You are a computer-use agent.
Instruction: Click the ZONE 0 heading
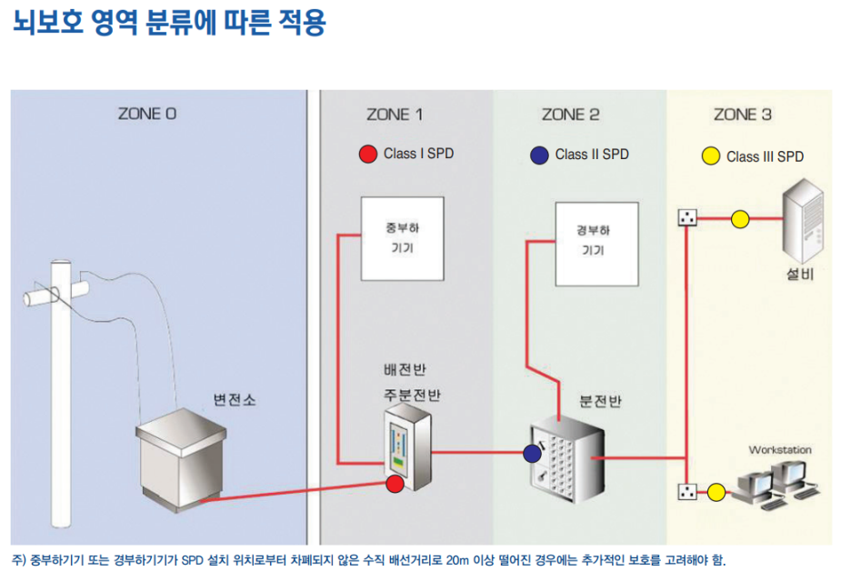click(x=147, y=115)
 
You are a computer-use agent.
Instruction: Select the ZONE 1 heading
click(x=395, y=115)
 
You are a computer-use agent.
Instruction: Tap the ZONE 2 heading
click(x=570, y=115)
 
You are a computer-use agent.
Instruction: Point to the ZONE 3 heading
click(x=743, y=115)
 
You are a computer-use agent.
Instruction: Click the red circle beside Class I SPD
click(x=368, y=154)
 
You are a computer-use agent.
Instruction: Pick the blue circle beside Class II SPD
click(x=539, y=155)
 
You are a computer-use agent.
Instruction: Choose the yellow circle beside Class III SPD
click(x=710, y=155)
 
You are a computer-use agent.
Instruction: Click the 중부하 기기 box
click(x=402, y=238)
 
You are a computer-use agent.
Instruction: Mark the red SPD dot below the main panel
click(x=395, y=484)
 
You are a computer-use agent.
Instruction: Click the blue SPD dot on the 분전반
click(x=532, y=452)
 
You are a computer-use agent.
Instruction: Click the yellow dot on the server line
click(x=740, y=218)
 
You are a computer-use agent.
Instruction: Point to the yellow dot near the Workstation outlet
click(x=716, y=492)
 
